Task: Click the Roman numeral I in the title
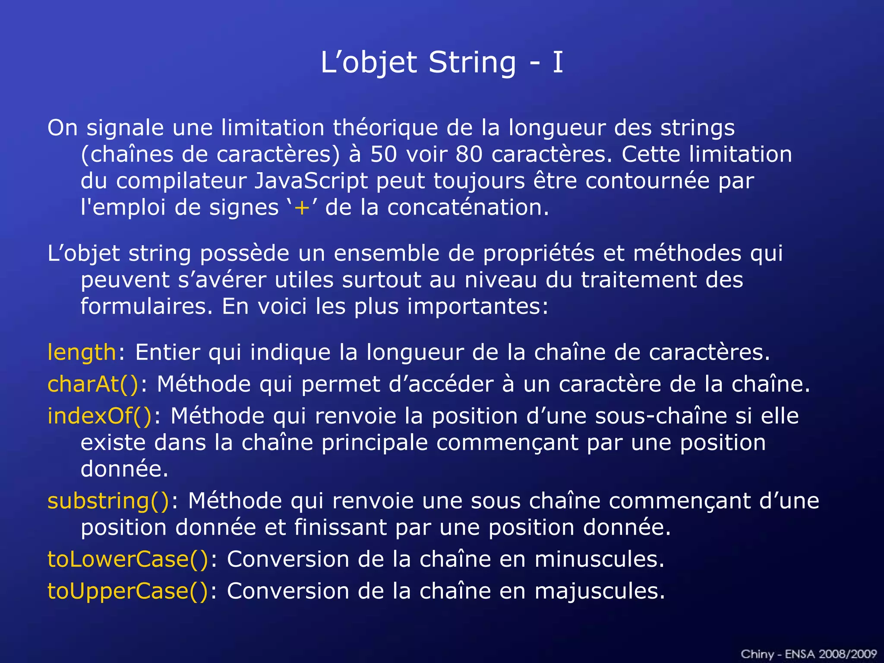(x=558, y=63)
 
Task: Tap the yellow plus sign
(x=302, y=208)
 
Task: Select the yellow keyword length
(x=82, y=352)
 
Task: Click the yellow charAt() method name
(x=93, y=384)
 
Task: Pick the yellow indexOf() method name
(x=100, y=416)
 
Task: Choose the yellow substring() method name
(x=108, y=501)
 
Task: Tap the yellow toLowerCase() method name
(x=128, y=559)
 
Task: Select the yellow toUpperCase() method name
(x=128, y=591)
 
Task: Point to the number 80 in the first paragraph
(x=469, y=155)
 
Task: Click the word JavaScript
(x=311, y=181)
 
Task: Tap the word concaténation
(x=468, y=208)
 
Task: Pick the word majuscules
(x=600, y=591)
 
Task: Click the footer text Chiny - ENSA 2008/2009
(x=808, y=654)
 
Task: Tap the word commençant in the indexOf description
(x=507, y=443)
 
